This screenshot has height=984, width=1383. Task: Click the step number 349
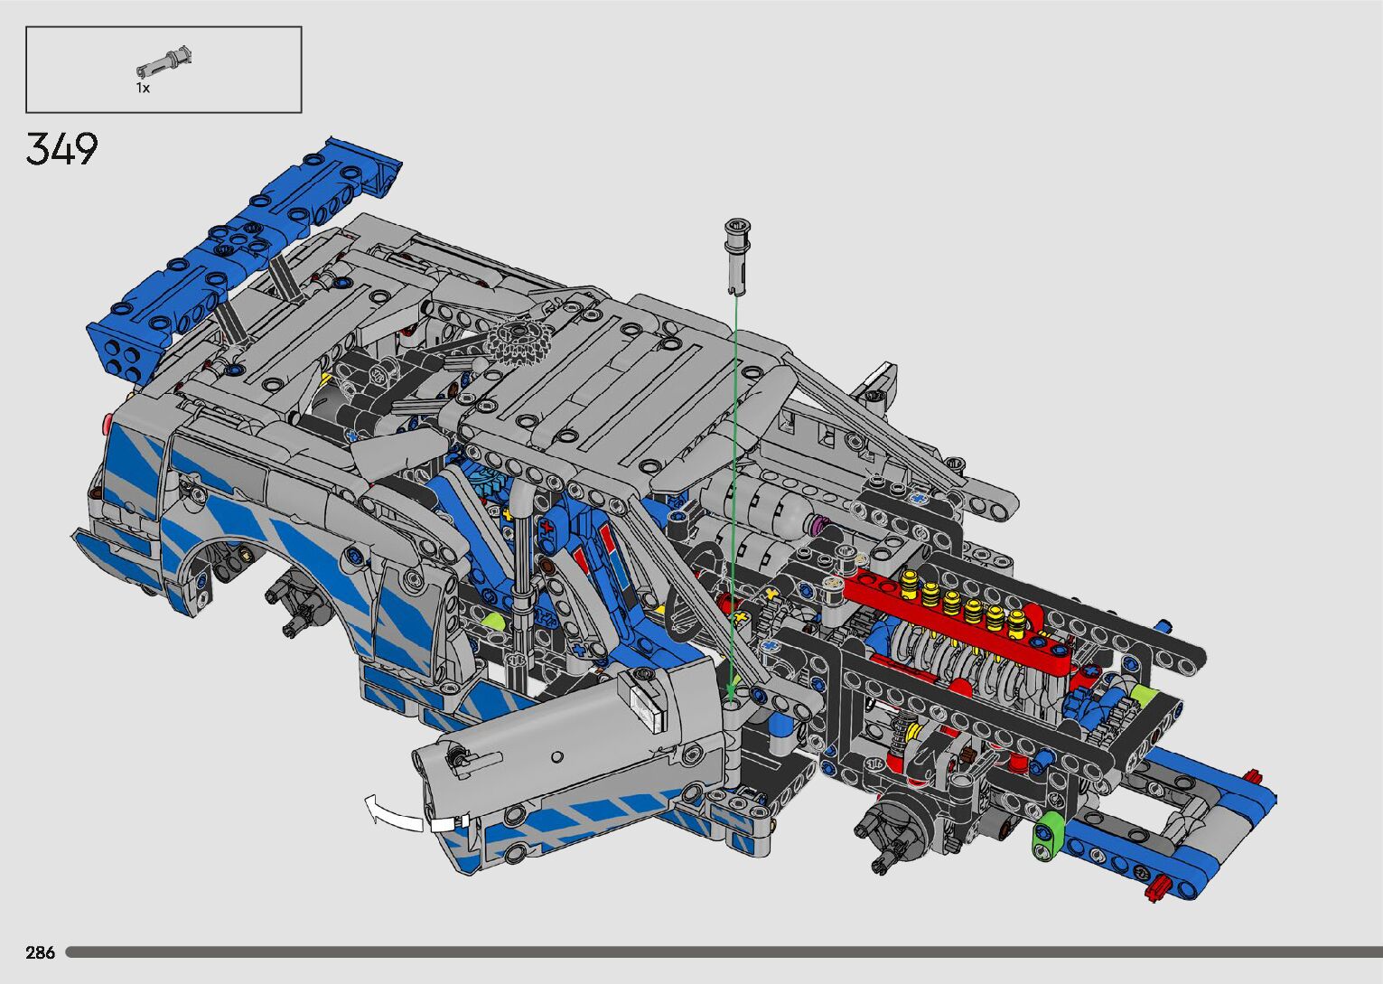tap(61, 149)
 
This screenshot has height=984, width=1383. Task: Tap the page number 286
tap(40, 952)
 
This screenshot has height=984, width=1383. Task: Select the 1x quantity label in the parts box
tap(144, 89)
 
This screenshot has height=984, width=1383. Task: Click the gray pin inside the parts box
tap(164, 61)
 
